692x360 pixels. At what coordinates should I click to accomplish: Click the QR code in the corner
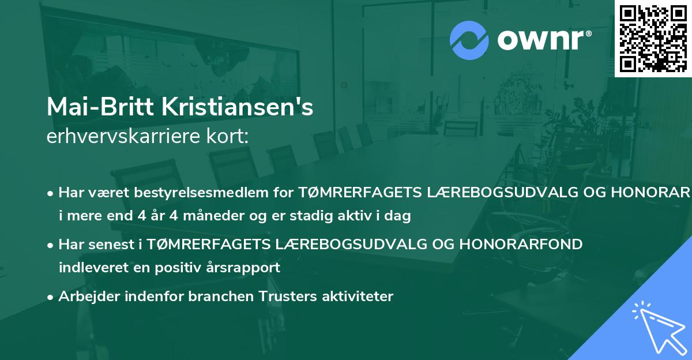[653, 38]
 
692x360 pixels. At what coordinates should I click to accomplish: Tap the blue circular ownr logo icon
[469, 40]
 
